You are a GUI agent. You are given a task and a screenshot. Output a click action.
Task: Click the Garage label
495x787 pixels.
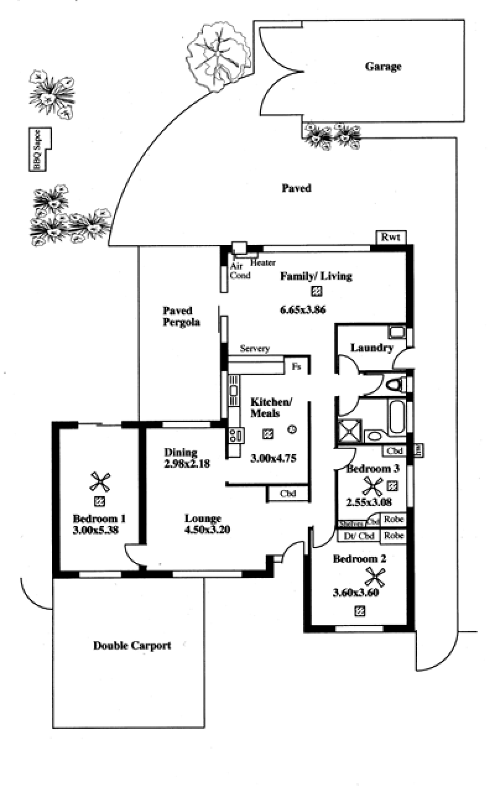coord(383,67)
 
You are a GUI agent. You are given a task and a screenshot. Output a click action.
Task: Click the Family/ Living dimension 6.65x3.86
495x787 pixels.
coord(316,311)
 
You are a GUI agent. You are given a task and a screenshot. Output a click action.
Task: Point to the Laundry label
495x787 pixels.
coord(372,348)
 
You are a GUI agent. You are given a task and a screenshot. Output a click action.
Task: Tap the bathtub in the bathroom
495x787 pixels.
coord(397,418)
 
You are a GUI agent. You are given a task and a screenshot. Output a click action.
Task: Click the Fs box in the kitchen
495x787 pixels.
coord(296,366)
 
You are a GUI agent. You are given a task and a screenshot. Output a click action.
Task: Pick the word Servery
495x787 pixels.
coord(255,349)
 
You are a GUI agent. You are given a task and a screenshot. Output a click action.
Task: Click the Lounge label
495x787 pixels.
coord(203,518)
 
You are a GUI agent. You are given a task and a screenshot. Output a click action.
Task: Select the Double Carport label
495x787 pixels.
coord(132,645)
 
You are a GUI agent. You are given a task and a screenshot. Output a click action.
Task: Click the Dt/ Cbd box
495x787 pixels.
coord(358,535)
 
